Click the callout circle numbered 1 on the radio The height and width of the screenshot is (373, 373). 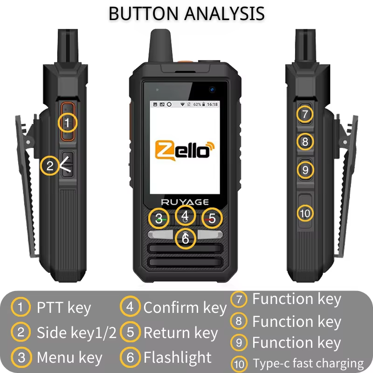(x=68, y=123)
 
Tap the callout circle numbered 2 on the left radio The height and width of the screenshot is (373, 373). (x=49, y=165)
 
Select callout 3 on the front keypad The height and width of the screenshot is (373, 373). (x=159, y=218)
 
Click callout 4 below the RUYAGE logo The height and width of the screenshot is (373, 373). (x=186, y=215)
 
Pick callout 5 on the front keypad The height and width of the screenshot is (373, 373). (x=213, y=218)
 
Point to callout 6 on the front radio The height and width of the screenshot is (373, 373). (x=186, y=239)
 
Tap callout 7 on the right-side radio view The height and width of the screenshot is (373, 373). (x=305, y=114)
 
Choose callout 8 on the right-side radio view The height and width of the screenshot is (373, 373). (x=305, y=141)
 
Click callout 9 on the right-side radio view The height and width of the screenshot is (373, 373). (x=305, y=170)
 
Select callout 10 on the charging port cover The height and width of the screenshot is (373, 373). (x=305, y=213)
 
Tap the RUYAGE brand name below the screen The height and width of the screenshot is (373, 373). (x=186, y=202)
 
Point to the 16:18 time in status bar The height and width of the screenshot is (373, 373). (x=212, y=104)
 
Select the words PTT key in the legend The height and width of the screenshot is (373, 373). (x=64, y=308)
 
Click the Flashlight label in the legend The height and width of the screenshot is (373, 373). (x=178, y=358)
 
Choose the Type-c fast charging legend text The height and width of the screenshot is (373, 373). (x=308, y=363)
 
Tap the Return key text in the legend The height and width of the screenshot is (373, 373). (x=181, y=333)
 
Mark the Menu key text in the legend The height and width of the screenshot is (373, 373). (x=69, y=358)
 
